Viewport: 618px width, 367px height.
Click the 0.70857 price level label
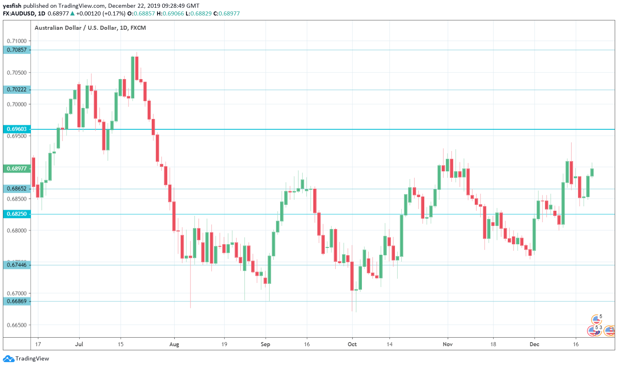[17, 50]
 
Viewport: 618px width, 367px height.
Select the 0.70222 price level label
[17, 90]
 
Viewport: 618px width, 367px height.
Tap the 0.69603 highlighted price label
[17, 129]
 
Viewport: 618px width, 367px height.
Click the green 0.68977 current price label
[17, 169]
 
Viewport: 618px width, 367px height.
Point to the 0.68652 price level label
[17, 189]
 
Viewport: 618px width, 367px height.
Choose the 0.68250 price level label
[17, 214]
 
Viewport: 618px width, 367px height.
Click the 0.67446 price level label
[17, 265]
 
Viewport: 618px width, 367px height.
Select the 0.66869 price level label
[17, 301]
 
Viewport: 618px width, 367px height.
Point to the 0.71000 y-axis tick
[17, 41]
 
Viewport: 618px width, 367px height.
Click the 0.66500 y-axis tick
[17, 325]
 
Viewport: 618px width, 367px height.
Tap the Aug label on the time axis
[174, 344]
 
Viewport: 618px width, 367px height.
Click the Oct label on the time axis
[352, 344]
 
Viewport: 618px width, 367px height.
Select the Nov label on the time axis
[447, 344]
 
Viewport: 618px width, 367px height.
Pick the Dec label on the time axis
[534, 344]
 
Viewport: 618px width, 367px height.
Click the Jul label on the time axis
[79, 344]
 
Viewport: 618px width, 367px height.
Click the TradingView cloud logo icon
[8, 359]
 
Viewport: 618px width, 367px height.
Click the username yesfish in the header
[12, 6]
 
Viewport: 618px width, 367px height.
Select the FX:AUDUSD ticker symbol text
[19, 13]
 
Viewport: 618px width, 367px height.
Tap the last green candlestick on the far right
[592, 172]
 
